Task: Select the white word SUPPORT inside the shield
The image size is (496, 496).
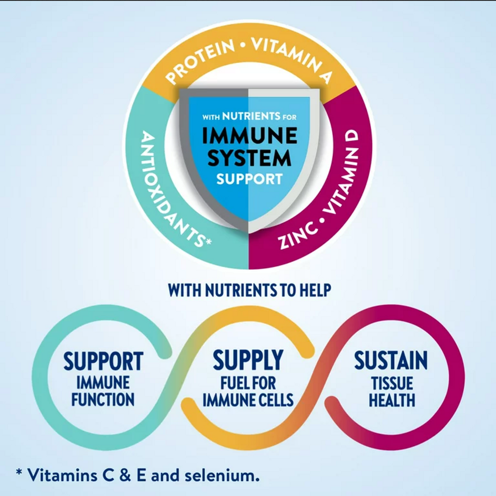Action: coord(249,179)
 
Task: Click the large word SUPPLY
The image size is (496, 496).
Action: coord(248,360)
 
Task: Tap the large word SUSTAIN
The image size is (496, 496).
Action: coord(391,360)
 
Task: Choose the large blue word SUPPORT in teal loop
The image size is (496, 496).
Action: coord(103,361)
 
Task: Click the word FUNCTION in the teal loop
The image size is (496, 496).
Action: coord(103,400)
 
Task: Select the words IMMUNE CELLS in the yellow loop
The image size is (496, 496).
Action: coord(248,400)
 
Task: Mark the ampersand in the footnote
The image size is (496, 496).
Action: coord(125,475)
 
